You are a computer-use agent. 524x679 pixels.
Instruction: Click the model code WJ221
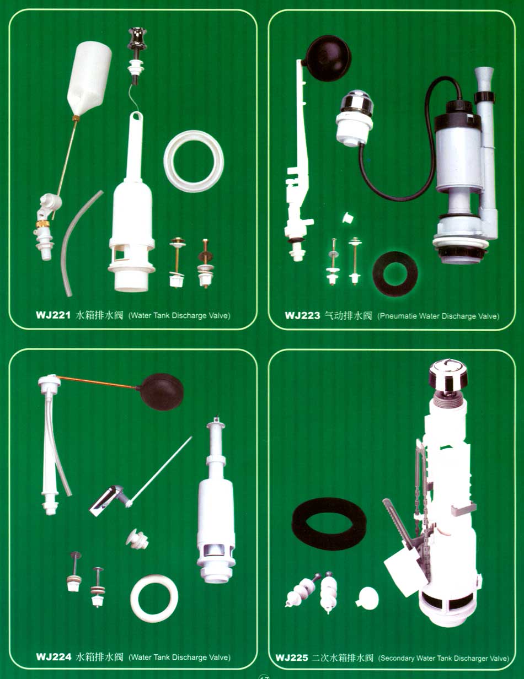pyautogui.click(x=53, y=315)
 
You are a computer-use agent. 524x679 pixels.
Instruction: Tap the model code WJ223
pyautogui.click(x=302, y=315)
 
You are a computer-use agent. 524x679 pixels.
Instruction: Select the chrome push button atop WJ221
pyautogui.click(x=137, y=39)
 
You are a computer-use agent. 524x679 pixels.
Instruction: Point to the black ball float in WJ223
pyautogui.click(x=328, y=58)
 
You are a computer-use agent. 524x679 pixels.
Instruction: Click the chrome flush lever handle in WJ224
pyautogui.click(x=106, y=500)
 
